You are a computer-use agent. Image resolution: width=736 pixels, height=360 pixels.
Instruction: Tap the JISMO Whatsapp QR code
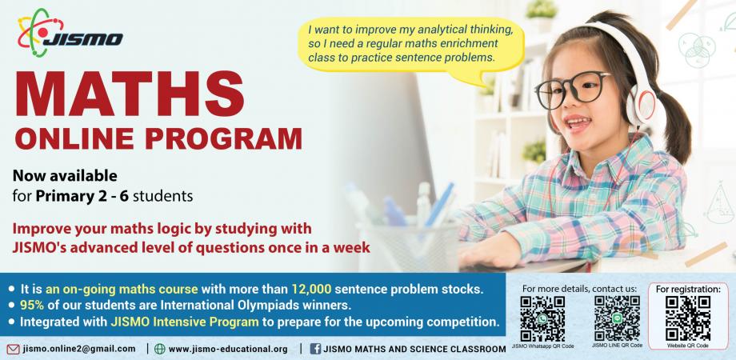[542, 318]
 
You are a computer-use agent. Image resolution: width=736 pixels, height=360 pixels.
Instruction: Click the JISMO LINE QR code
[617, 318]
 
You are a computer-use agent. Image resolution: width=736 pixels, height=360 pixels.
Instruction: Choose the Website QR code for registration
[687, 318]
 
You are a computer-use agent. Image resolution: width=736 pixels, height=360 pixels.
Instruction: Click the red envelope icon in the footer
[14, 349]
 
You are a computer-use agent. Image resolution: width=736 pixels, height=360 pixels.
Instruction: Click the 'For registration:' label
[688, 289]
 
